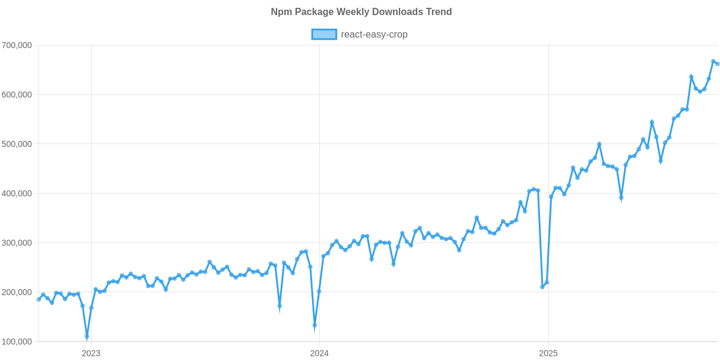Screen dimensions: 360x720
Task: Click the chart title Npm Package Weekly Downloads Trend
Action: [361, 12]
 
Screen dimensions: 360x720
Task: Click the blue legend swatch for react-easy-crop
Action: [323, 35]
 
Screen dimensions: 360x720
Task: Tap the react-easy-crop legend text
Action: [374, 35]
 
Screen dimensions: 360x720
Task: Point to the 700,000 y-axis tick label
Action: [17, 46]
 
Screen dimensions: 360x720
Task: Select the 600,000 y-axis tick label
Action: [17, 95]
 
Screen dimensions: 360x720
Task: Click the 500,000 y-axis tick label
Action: [17, 144]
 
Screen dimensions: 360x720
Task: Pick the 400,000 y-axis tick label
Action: [17, 194]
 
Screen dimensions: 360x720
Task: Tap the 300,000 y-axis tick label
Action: [17, 243]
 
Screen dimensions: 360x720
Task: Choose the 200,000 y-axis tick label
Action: [17, 292]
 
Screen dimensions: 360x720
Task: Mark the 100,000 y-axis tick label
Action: [17, 342]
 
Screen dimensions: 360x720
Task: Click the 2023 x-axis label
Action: [91, 353]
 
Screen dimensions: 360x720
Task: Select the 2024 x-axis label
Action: [319, 353]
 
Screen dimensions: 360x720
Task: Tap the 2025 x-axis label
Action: [548, 353]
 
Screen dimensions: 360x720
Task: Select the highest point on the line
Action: [713, 61]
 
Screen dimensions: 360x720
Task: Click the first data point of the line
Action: [38, 299]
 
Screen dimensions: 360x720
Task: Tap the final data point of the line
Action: [718, 64]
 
